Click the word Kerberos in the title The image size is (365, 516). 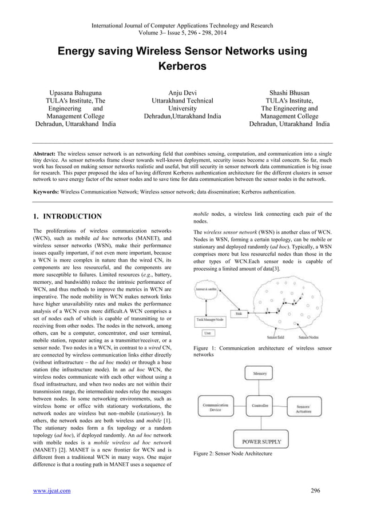(x=182, y=67)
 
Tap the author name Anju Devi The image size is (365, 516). (x=182, y=92)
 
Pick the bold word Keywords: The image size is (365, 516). (x=50, y=192)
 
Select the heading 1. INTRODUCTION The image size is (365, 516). (x=67, y=217)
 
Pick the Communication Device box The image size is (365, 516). (x=215, y=408)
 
